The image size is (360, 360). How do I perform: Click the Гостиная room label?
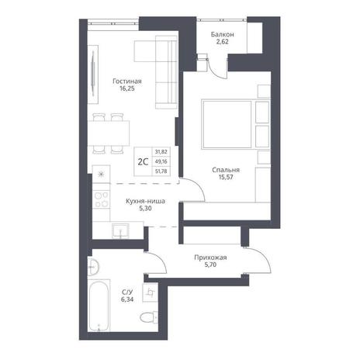click(x=127, y=81)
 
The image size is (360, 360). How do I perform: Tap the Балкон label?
click(x=223, y=34)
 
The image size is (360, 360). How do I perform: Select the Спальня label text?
click(x=226, y=170)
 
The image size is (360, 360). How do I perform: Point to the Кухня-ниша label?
click(x=145, y=201)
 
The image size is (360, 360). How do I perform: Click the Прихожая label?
click(x=210, y=258)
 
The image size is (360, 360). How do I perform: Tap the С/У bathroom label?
click(x=127, y=292)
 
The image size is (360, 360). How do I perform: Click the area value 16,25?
click(x=127, y=88)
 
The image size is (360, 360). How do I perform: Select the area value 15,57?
click(x=226, y=177)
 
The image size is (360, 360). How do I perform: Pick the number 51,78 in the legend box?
click(x=161, y=171)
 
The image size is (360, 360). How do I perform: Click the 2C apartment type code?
click(x=143, y=162)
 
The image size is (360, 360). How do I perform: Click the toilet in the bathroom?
click(x=149, y=317)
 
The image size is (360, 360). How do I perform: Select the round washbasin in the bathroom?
click(x=93, y=267)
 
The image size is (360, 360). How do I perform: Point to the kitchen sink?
click(x=120, y=230)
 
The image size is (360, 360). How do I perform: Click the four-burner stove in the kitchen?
click(x=101, y=199)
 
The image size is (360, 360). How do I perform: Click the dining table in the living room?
click(x=109, y=133)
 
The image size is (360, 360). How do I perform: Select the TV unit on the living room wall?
click(x=93, y=74)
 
